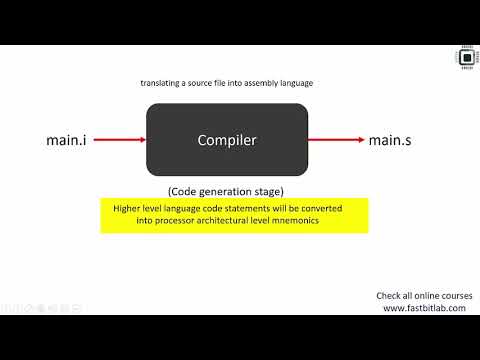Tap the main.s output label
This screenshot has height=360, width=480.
[390, 140]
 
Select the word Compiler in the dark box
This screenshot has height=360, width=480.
[227, 140]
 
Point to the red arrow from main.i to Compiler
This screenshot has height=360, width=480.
[118, 140]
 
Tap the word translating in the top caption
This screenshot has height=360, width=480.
[162, 84]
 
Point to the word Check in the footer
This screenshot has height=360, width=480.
[389, 296]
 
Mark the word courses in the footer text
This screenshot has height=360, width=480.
[450, 296]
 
